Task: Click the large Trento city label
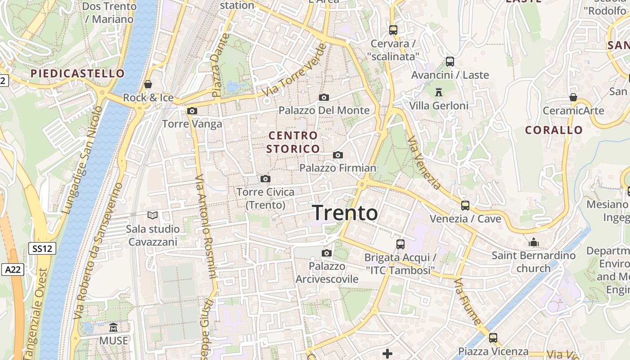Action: point(345,213)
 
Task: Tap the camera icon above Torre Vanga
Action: point(192,111)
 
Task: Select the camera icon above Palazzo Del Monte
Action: point(324,97)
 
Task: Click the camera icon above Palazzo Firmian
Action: point(338,155)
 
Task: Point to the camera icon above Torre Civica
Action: point(265,179)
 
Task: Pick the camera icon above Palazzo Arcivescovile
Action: point(327,253)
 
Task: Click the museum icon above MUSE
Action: point(113,328)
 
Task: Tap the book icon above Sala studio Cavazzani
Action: point(153,216)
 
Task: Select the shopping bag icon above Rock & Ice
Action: point(148,84)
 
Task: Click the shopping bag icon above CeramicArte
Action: point(573,97)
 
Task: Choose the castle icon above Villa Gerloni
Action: point(439,92)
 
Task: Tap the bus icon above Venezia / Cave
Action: point(465,206)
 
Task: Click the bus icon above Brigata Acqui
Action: point(400,244)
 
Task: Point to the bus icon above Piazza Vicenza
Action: point(493,337)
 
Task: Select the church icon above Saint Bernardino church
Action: point(534,242)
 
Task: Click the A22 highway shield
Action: point(12,270)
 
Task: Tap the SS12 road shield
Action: point(42,248)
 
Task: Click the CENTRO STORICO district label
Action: point(293,142)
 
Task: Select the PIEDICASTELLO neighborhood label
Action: point(77,73)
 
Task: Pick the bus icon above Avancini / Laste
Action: point(450,62)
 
